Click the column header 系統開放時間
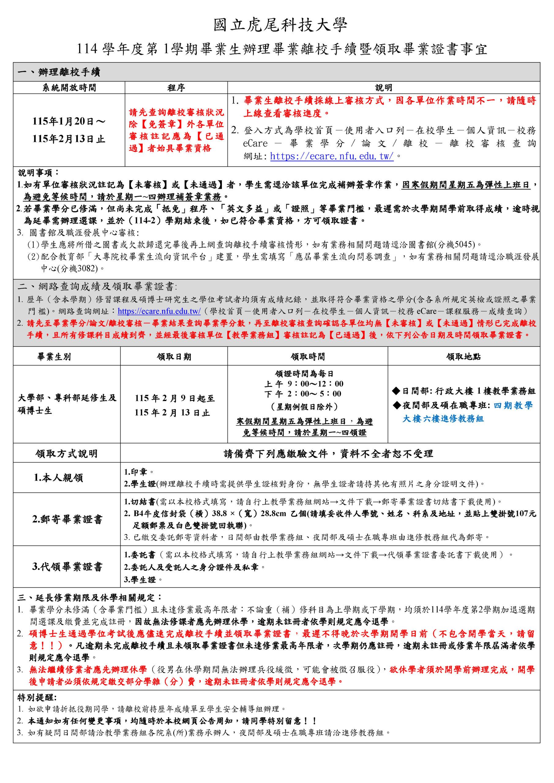point(69,88)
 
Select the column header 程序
point(176,88)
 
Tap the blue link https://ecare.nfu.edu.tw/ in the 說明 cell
point(331,156)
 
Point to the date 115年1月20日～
point(69,121)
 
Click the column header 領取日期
point(174,357)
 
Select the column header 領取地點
point(463,357)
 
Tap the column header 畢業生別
point(54,357)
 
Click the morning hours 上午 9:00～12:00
point(304,384)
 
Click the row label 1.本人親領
point(58,477)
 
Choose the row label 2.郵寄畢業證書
point(67,519)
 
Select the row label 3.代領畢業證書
point(67,566)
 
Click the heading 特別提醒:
point(37,697)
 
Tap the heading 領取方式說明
point(66,454)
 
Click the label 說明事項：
point(39,173)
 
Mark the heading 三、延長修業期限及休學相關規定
point(89,597)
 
